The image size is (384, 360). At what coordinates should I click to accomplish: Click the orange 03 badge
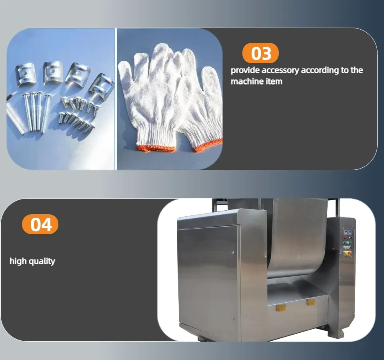(260, 53)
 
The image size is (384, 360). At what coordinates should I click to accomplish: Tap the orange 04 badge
(40, 224)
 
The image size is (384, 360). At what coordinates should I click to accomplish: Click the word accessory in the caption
(280, 70)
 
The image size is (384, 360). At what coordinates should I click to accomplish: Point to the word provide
(245, 70)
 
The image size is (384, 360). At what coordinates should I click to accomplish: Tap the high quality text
(32, 261)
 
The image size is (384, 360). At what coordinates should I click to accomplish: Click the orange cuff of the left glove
(156, 149)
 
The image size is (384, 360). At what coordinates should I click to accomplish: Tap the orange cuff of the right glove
(208, 146)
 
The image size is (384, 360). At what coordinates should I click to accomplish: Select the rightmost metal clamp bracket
(101, 85)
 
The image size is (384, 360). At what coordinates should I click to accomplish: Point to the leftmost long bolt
(28, 112)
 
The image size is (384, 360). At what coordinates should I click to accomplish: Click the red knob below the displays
(346, 238)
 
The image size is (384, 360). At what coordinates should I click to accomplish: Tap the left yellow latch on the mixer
(281, 308)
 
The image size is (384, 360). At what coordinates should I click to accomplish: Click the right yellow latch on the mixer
(311, 302)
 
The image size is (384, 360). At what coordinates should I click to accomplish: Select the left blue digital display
(346, 232)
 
